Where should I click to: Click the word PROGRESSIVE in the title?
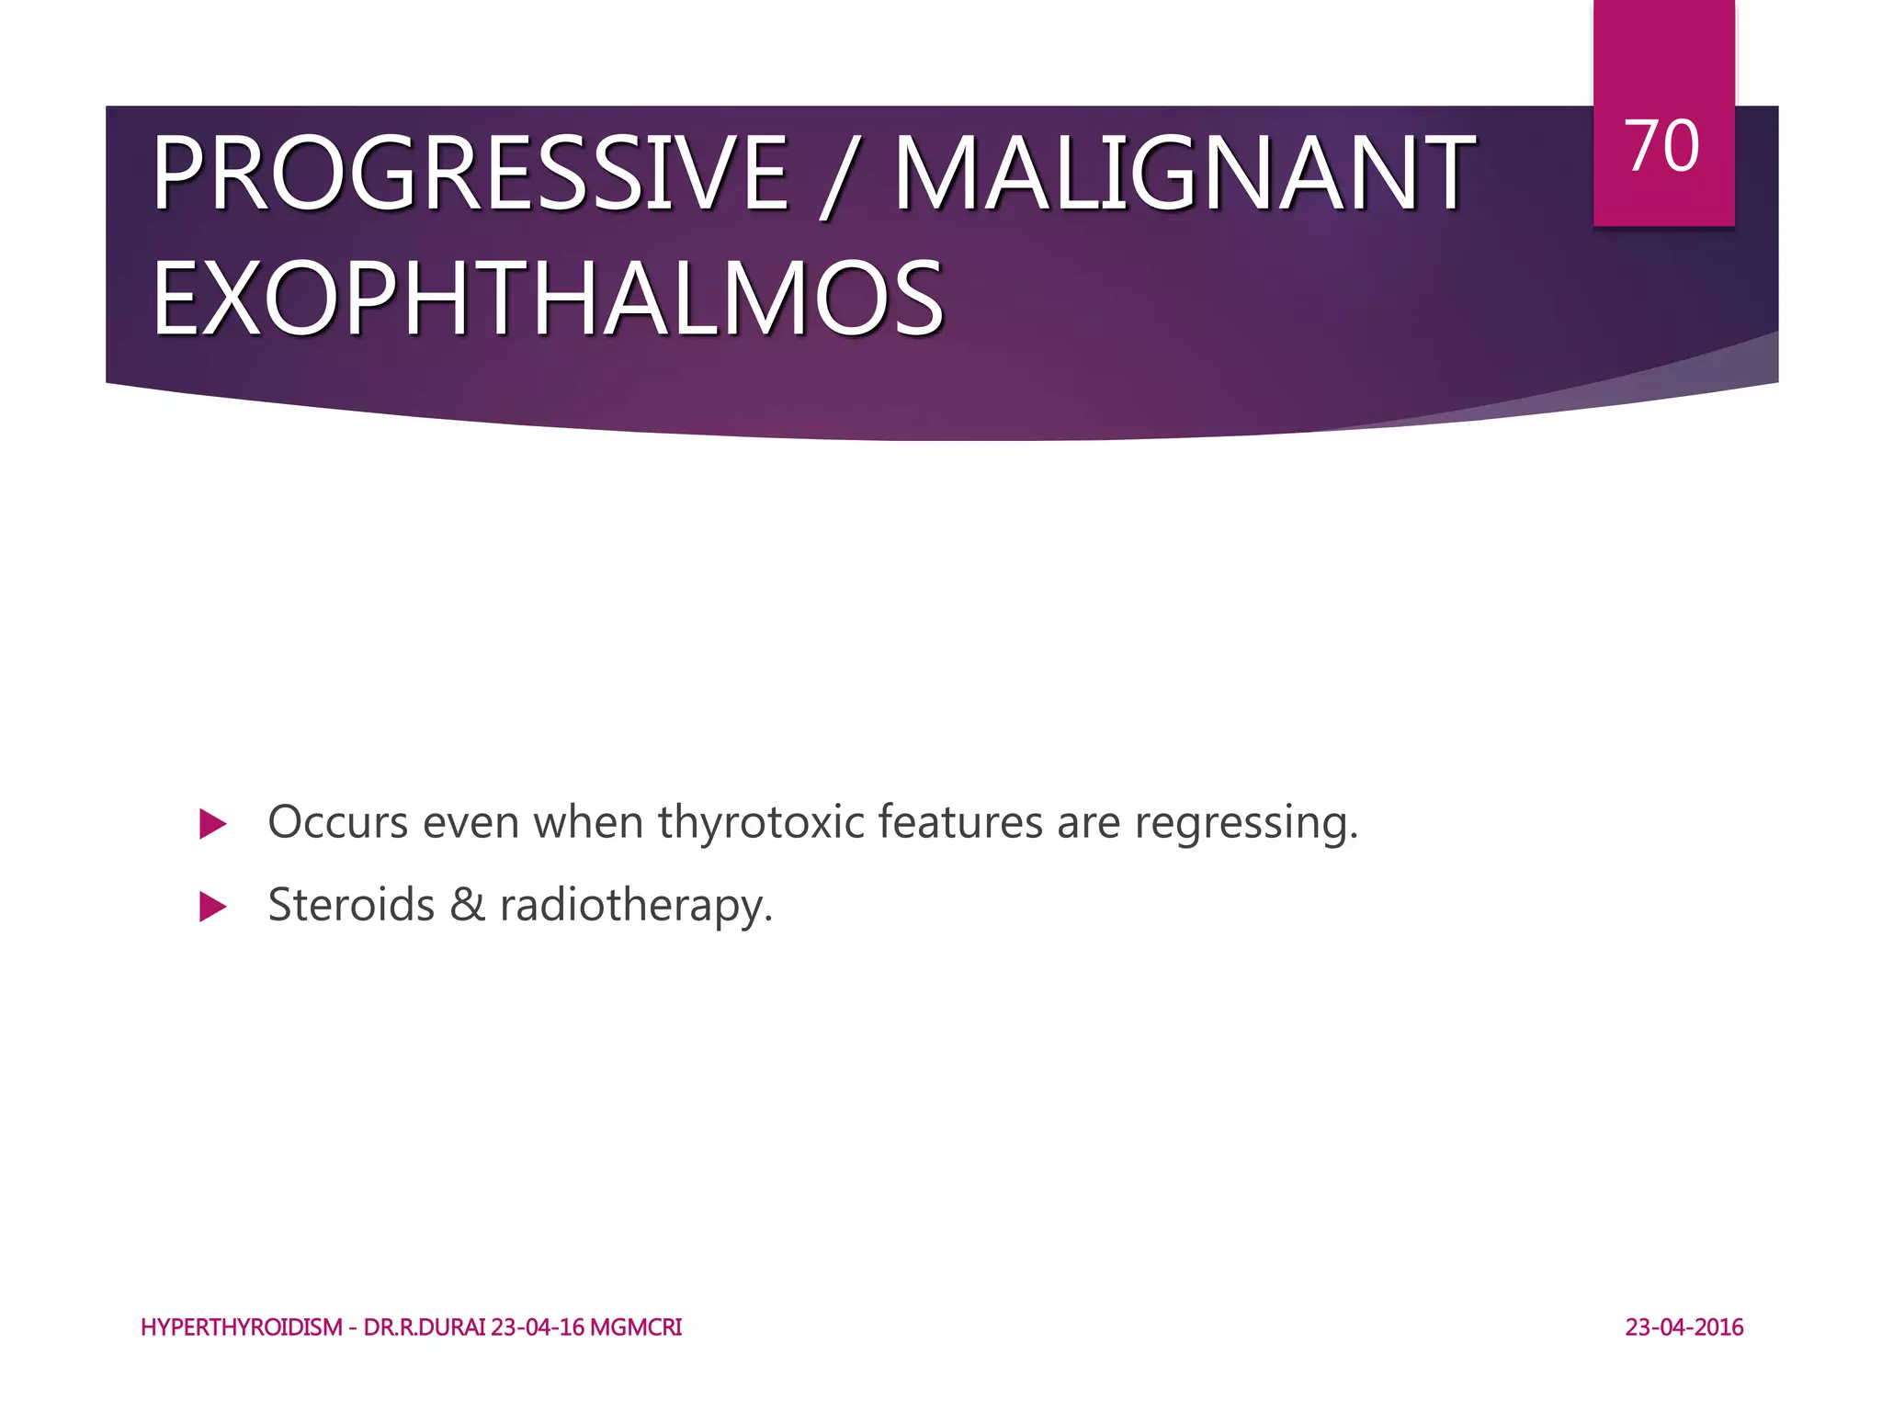(x=470, y=173)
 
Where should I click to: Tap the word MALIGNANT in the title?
(x=1184, y=173)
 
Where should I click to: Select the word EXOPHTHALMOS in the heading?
(x=548, y=299)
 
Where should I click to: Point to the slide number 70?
(x=1662, y=147)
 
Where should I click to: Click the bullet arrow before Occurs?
(x=212, y=824)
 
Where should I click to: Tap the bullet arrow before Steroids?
(x=212, y=908)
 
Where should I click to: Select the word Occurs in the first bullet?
(x=337, y=821)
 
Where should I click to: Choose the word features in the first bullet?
(x=959, y=821)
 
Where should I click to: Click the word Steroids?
(x=351, y=904)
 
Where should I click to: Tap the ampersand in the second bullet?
(x=467, y=904)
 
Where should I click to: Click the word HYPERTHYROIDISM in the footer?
(x=242, y=1327)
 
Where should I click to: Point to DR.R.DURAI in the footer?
(x=425, y=1327)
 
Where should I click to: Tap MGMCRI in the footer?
(x=636, y=1327)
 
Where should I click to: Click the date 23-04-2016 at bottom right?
(x=1684, y=1327)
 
